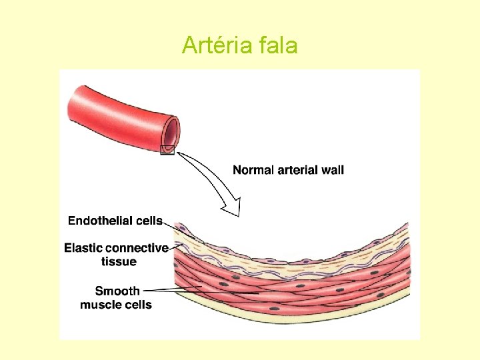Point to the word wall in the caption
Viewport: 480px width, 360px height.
[x=333, y=170]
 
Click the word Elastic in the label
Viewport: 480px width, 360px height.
[x=83, y=248]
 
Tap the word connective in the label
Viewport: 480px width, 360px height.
[x=137, y=248]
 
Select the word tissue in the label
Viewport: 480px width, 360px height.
[x=119, y=261]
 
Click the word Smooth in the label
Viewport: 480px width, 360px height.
[x=117, y=291]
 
